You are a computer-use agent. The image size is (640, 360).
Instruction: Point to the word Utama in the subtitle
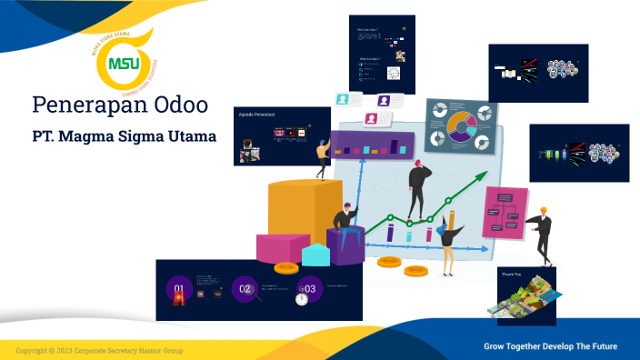click(191, 137)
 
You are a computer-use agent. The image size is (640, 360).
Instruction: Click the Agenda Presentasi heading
click(256, 115)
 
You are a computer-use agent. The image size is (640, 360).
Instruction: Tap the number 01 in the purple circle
click(179, 290)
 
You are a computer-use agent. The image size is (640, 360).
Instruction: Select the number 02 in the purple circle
click(244, 289)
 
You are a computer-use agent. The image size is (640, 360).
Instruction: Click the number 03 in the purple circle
click(309, 289)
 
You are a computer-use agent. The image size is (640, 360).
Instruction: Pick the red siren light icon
click(180, 296)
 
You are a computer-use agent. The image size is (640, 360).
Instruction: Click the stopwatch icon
click(301, 299)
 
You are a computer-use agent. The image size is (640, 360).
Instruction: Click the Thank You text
click(511, 273)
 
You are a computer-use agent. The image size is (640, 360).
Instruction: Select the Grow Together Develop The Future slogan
click(549, 346)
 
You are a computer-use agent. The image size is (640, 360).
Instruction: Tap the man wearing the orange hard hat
click(543, 233)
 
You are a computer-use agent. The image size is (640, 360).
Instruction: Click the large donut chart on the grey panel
click(459, 127)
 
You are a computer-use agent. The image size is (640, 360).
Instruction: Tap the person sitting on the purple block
click(345, 221)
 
